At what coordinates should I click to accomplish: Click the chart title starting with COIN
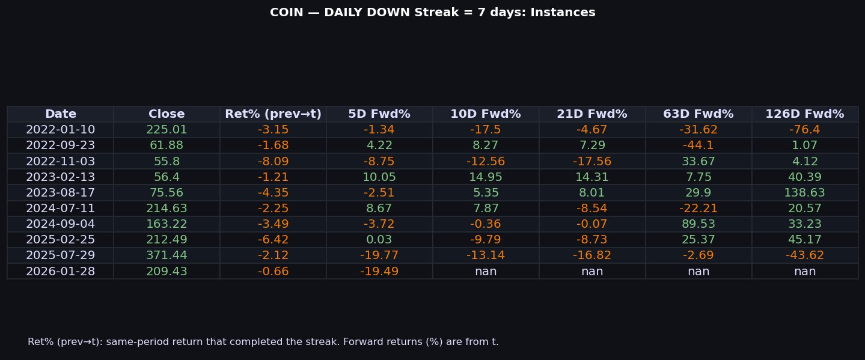click(x=432, y=13)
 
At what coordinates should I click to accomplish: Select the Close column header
click(x=167, y=114)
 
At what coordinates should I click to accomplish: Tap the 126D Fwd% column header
click(x=804, y=114)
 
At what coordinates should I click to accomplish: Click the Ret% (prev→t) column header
click(x=273, y=114)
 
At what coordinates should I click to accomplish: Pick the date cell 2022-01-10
click(x=60, y=130)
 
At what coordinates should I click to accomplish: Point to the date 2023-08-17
click(x=60, y=193)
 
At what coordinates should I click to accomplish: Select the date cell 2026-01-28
click(x=60, y=271)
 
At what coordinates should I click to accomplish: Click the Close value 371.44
click(x=167, y=255)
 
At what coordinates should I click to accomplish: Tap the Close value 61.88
click(x=167, y=145)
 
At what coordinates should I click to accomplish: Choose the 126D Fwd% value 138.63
click(x=804, y=193)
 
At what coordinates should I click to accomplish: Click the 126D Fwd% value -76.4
click(x=804, y=130)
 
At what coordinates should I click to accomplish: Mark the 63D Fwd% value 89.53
click(x=698, y=224)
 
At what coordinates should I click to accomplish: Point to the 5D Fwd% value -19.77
click(x=379, y=255)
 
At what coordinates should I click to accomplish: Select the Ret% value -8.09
click(x=273, y=161)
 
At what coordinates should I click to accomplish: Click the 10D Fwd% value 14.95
click(x=486, y=177)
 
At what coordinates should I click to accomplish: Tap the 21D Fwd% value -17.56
click(x=592, y=161)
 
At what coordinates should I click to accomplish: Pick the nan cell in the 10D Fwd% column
click(x=486, y=271)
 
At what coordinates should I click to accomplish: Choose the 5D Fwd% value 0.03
click(x=379, y=240)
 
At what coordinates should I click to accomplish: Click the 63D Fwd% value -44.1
click(x=698, y=145)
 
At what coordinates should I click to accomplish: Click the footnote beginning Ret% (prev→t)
click(x=263, y=342)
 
